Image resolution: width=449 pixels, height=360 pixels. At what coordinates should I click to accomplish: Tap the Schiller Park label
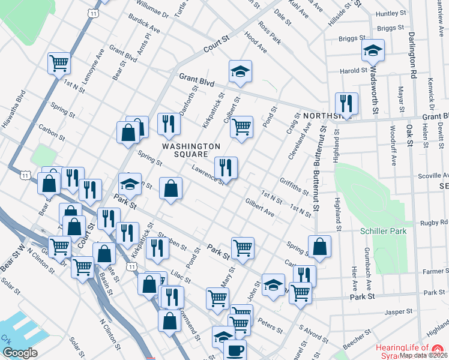click(x=384, y=231)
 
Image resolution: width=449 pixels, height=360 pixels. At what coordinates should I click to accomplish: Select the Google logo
click(x=20, y=353)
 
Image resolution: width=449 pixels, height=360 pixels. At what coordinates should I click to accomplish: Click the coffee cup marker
click(x=234, y=349)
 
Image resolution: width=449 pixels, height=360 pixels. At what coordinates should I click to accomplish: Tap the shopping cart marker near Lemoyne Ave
click(x=59, y=62)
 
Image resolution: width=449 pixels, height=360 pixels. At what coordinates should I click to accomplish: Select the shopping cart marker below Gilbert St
click(x=241, y=127)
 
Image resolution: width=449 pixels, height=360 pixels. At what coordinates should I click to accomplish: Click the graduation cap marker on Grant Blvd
click(x=240, y=71)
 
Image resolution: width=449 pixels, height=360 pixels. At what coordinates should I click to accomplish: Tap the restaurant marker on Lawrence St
click(x=226, y=167)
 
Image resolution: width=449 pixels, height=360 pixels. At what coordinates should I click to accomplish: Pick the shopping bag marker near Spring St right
click(x=320, y=247)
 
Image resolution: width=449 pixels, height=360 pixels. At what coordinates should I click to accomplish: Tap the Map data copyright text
click(x=424, y=355)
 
